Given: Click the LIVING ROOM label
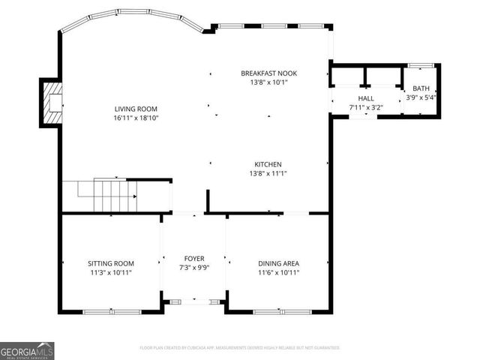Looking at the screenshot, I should [136, 109].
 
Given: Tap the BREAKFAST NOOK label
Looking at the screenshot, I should [268, 73].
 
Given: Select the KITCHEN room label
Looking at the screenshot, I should [268, 164].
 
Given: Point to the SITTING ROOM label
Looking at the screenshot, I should [111, 263].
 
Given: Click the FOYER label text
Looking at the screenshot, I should [194, 259].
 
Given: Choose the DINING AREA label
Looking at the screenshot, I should [278, 263].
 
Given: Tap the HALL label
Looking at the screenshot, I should [365, 98].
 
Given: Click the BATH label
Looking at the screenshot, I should [421, 88].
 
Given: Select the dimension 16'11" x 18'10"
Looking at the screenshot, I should [136, 118].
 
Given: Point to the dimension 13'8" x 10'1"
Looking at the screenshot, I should [268, 82].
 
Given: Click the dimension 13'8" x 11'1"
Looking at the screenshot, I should [268, 173].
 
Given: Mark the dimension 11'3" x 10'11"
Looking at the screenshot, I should [111, 272].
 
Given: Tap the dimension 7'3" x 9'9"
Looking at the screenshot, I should [194, 268].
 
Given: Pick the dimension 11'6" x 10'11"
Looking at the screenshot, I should [278, 272].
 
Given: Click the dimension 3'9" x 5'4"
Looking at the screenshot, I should [421, 97].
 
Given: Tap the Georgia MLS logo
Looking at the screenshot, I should [27, 351].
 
